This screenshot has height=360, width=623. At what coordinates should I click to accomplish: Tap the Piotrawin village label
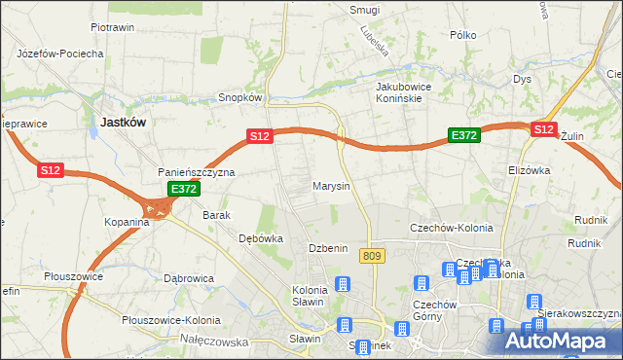tap(112, 28)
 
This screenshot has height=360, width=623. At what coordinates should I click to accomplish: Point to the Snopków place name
tap(240, 97)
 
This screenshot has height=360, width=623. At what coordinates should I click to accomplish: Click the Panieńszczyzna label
tap(197, 172)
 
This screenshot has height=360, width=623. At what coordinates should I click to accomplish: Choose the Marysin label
tap(331, 185)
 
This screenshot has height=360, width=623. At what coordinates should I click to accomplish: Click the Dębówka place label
tap(261, 237)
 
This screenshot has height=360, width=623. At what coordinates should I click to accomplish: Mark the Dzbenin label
tap(328, 248)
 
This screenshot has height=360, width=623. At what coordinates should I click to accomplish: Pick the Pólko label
tap(462, 34)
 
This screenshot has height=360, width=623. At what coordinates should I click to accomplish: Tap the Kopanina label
tap(128, 222)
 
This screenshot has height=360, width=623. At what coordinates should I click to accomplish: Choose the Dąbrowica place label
tap(189, 278)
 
